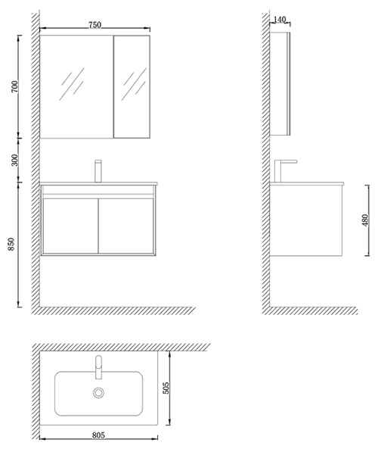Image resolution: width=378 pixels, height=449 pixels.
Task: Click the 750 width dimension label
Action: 94,25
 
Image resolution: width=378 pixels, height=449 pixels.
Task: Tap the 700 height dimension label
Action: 15,86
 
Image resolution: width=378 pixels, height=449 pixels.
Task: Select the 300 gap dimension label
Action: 15,160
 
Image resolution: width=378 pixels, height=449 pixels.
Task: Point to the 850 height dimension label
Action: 11,245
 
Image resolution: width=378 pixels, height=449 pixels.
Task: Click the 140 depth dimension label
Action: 280,20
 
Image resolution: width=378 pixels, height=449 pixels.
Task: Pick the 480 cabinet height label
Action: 366,220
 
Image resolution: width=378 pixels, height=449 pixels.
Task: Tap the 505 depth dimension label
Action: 166,388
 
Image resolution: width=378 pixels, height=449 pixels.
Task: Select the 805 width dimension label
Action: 98,435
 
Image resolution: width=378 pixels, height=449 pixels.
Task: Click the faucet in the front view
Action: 98,171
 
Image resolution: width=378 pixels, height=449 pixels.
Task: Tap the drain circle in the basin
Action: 98,393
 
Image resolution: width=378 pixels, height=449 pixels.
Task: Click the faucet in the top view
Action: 98,367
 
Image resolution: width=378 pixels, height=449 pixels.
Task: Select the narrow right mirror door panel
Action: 132,87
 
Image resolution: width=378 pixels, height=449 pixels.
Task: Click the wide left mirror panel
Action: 76,87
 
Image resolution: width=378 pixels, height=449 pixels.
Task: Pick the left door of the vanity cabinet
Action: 70,226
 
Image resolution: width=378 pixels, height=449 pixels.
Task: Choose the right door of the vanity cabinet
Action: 126,226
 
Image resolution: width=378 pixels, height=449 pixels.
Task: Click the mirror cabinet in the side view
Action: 280,83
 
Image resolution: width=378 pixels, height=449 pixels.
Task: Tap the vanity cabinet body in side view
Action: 306,220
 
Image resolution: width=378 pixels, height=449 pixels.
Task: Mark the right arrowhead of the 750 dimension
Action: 148,28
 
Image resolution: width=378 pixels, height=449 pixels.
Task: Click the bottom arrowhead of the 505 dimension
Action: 170,422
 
